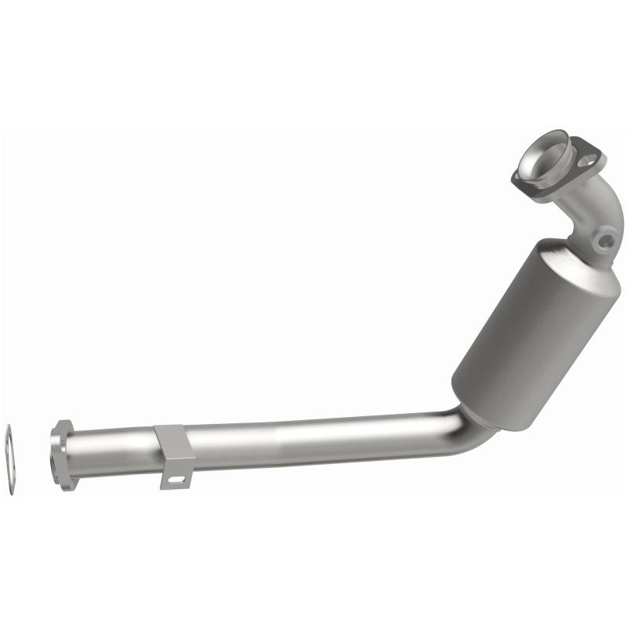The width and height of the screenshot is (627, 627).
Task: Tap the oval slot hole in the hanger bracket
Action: [179, 478]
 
